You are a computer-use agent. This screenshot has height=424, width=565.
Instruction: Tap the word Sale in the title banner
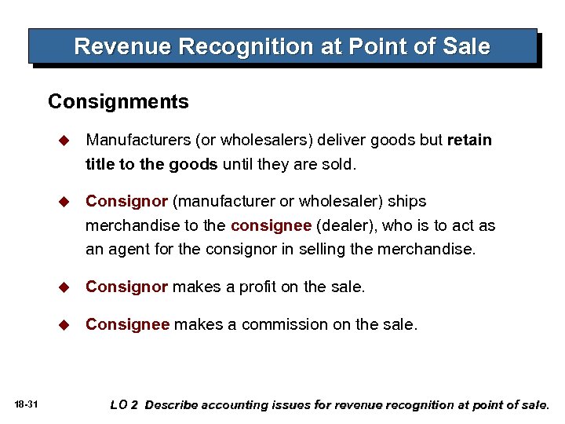click(x=468, y=46)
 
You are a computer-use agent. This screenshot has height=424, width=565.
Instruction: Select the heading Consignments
click(x=118, y=102)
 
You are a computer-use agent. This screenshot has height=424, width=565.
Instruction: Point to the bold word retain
click(x=469, y=141)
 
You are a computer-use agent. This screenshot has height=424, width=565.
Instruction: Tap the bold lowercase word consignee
click(x=270, y=226)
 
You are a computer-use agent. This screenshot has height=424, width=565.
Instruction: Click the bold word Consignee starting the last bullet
click(x=127, y=324)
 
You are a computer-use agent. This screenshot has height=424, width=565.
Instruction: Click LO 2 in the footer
click(x=124, y=405)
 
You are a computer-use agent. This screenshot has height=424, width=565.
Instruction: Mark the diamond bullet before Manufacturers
click(x=66, y=141)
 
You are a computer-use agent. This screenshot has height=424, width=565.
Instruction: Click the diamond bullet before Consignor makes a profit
click(x=66, y=287)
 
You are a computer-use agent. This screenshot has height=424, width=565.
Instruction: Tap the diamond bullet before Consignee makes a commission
click(x=66, y=324)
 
